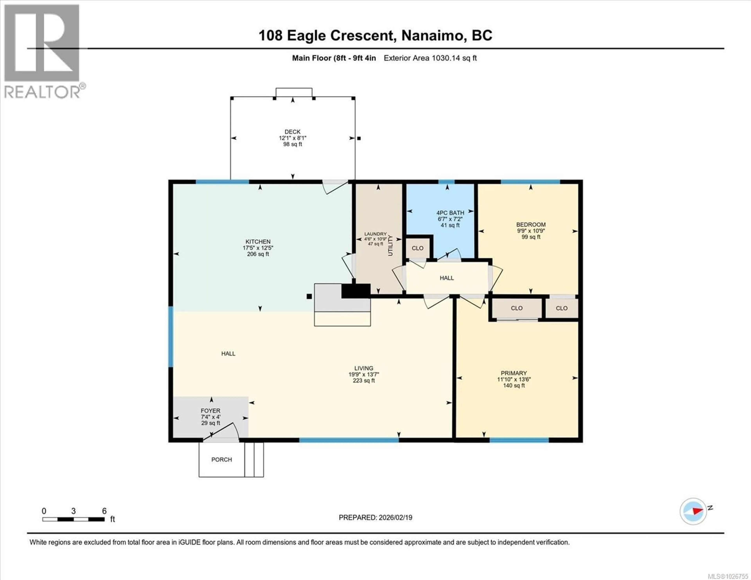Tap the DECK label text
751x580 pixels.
(x=292, y=132)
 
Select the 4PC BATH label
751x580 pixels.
(x=450, y=213)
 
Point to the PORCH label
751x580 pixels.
(x=221, y=459)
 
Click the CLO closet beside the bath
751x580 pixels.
(x=418, y=248)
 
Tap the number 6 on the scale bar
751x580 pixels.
(x=104, y=511)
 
